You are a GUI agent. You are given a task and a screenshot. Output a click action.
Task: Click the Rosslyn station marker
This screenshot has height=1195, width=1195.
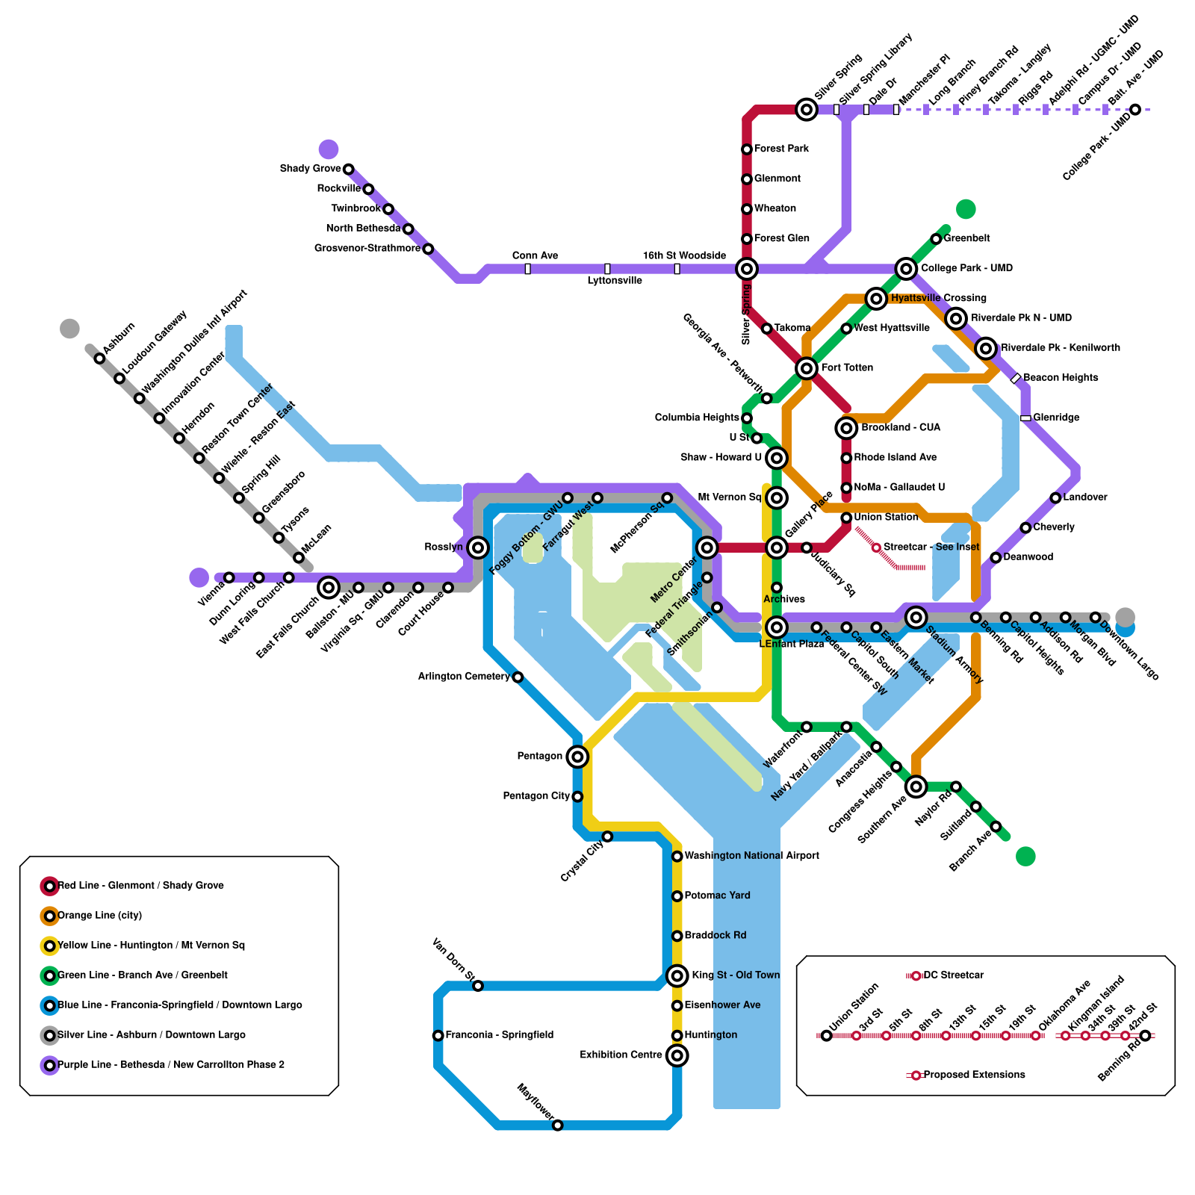478,547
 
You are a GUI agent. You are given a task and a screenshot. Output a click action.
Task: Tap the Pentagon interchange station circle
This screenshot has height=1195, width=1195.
577,757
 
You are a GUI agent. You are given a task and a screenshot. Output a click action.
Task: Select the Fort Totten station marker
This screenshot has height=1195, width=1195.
807,367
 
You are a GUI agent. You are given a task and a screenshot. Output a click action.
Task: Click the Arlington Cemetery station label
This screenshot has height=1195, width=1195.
464,677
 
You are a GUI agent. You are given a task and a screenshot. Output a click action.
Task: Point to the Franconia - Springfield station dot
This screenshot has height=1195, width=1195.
438,1035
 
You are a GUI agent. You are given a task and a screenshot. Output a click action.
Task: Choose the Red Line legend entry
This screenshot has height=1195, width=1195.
140,886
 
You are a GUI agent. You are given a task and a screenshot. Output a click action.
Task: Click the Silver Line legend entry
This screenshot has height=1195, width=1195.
151,1035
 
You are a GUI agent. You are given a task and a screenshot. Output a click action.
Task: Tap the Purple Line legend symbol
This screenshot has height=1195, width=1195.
49,1065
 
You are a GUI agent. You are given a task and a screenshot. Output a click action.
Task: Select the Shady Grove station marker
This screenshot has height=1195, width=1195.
348,170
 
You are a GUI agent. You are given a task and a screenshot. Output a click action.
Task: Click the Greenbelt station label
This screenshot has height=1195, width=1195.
967,238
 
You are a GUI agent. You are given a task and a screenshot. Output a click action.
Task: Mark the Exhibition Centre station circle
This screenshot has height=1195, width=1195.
677,1055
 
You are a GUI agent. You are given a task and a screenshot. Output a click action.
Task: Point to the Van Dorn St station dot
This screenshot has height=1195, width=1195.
478,986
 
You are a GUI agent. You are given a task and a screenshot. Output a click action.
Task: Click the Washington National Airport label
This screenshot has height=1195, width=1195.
751,856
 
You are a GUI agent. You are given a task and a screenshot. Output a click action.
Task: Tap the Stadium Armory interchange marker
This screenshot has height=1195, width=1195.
916,617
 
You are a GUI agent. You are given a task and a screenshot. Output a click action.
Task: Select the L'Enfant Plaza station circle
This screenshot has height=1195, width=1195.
777,627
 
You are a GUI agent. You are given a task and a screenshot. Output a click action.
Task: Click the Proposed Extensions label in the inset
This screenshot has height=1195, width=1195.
974,1075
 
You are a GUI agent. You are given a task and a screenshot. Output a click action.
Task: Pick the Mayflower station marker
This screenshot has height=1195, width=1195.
557,1126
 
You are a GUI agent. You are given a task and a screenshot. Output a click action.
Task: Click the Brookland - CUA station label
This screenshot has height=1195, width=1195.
901,428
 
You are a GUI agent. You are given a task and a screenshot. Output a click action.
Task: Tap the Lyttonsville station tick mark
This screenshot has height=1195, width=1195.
607,269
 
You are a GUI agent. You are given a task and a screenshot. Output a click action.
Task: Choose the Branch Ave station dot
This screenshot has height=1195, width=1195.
996,826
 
